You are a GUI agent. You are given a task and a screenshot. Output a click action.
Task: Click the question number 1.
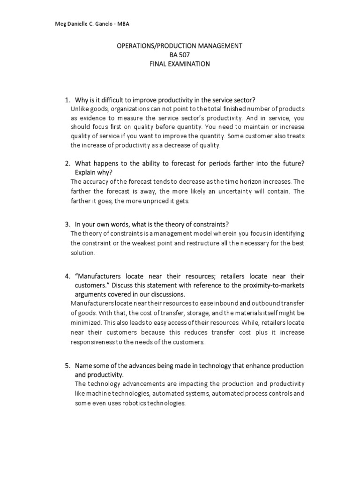click(67, 100)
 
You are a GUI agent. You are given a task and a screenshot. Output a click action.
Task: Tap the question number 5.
click(67, 365)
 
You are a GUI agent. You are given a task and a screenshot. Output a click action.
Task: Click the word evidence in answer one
click(91, 118)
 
